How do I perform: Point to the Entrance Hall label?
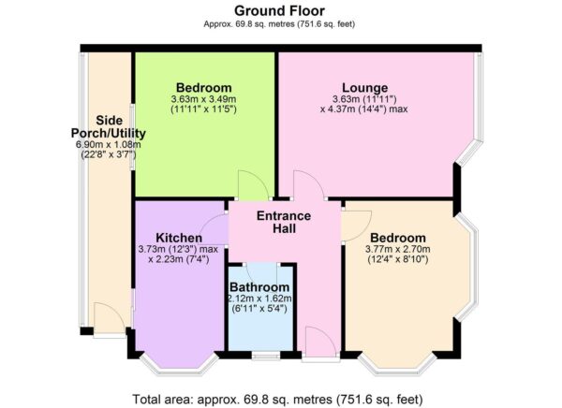click(285, 222)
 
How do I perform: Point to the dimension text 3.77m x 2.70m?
click(398, 250)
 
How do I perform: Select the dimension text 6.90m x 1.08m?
click(106, 144)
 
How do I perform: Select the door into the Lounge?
click(307, 187)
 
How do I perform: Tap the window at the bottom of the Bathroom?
click(264, 356)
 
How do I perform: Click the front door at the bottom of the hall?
click(317, 344)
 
